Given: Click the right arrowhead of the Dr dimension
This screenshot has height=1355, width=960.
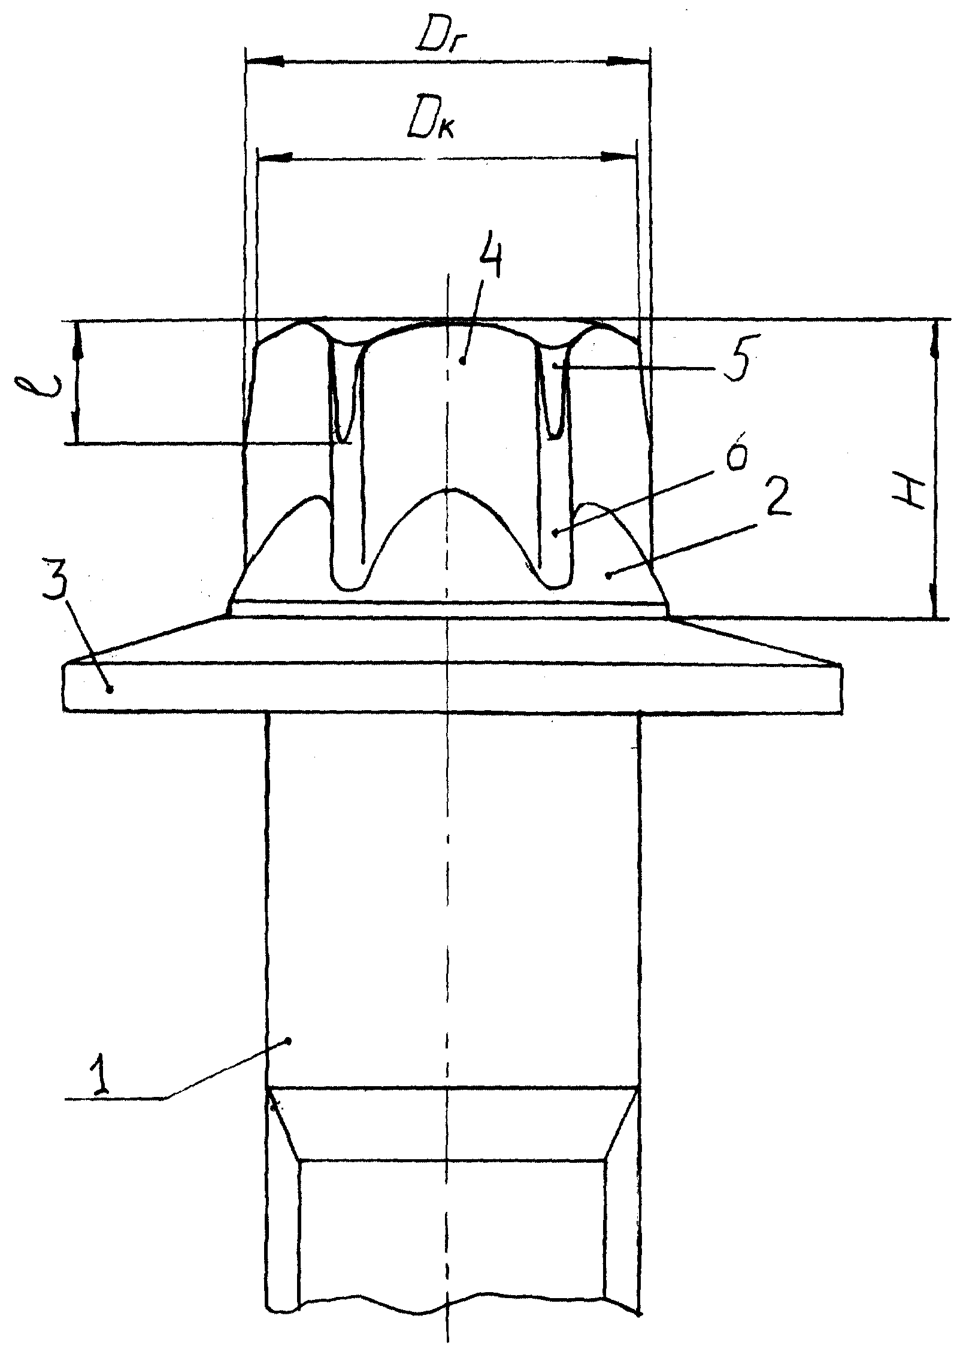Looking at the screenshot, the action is coord(629,60).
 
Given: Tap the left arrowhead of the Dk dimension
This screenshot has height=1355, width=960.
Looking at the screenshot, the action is coord(275,157).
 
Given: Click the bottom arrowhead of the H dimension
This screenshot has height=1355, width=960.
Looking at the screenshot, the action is coord(935,599).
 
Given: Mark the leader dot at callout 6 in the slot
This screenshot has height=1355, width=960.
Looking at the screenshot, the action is coord(555,531).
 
